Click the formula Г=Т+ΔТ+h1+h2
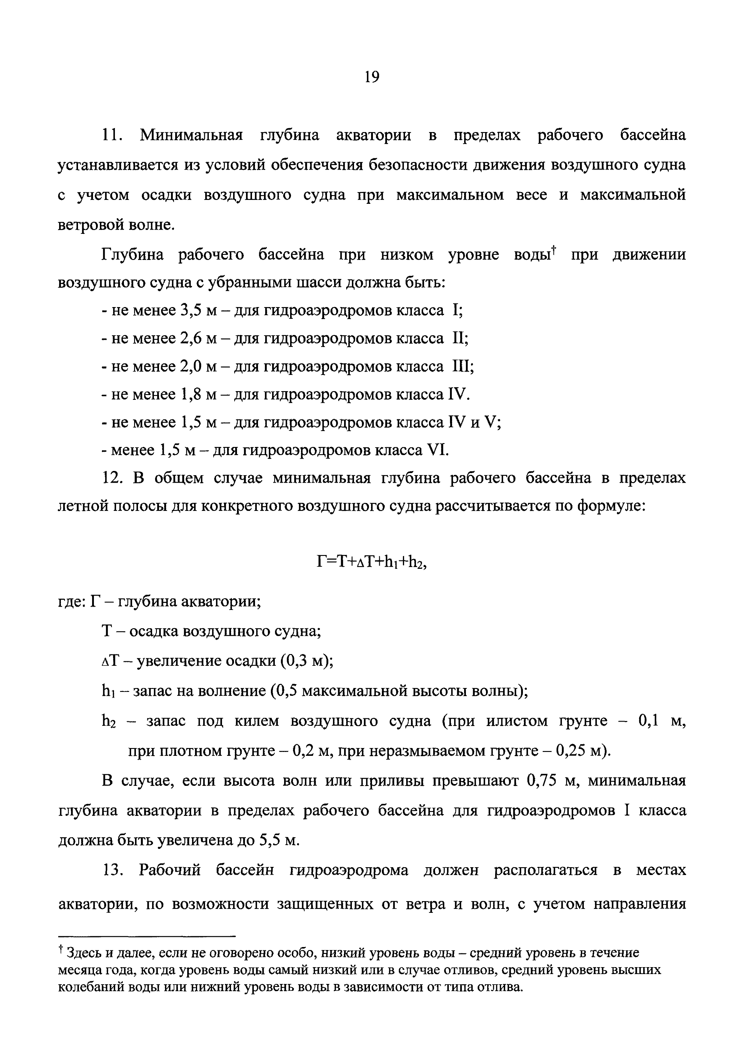point(371,561)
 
